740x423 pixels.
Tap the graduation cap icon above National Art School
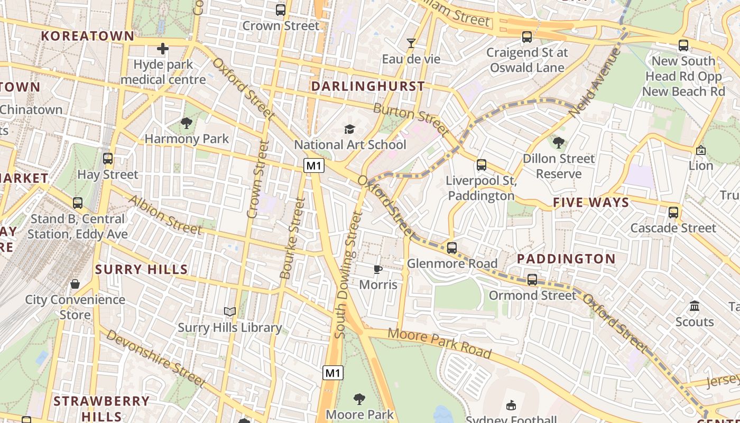[349, 129]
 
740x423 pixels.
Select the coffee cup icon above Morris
[378, 270]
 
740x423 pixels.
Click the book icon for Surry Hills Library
[229, 312]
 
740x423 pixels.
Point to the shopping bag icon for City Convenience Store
[75, 284]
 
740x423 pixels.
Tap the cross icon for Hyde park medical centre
[163, 49]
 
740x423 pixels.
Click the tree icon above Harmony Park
[186, 123]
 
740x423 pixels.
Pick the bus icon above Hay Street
[108, 159]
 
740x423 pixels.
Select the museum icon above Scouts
[695, 306]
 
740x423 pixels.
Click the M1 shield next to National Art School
[314, 166]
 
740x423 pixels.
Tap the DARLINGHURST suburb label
[368, 86]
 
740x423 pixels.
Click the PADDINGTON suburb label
[566, 259]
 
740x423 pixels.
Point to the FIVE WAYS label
[591, 203]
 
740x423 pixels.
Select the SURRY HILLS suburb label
[142, 269]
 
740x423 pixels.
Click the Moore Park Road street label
[440, 344]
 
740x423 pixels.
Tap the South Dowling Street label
[348, 275]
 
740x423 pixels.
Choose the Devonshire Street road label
[155, 358]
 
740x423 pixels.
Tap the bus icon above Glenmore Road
[452, 248]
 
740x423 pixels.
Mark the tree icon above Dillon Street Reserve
[559, 143]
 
